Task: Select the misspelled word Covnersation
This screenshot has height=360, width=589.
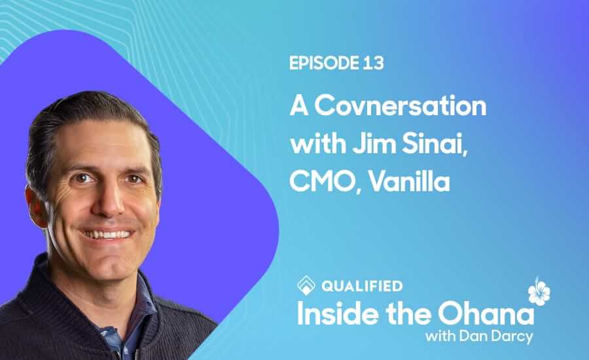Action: pyautogui.click(x=401, y=106)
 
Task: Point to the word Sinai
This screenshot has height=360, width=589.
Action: pyautogui.click(x=435, y=145)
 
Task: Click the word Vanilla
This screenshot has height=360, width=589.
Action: pyautogui.click(x=408, y=181)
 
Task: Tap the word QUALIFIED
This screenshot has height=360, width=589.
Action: pyautogui.click(x=362, y=286)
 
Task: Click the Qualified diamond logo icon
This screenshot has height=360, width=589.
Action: pyautogui.click(x=306, y=285)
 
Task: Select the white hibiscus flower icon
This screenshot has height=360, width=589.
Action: pyautogui.click(x=539, y=291)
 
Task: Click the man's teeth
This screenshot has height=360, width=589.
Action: pyautogui.click(x=108, y=235)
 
